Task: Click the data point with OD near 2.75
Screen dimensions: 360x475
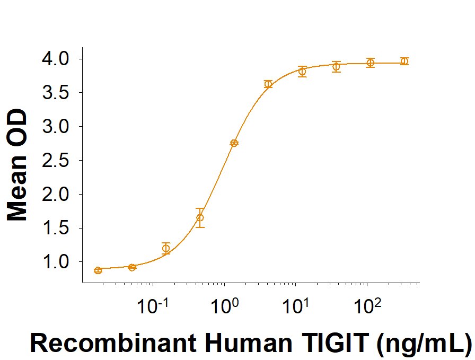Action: pos(234,143)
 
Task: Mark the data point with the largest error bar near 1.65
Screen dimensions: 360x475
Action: pos(200,217)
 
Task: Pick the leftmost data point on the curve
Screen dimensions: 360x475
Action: pos(98,270)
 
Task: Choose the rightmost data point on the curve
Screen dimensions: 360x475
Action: pos(404,61)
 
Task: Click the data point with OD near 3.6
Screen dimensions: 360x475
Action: pos(268,84)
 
